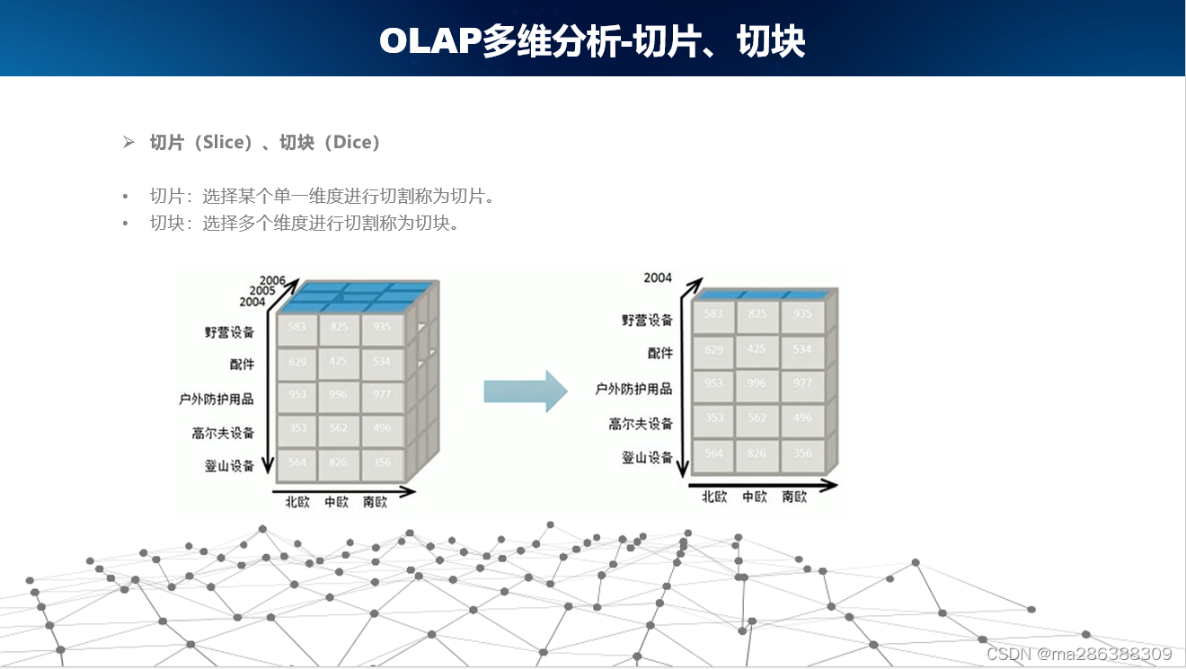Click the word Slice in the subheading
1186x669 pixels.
coord(225,142)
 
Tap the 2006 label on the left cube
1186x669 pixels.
coord(272,280)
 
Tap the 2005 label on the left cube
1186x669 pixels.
coord(262,291)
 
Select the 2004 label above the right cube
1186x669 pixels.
coord(658,277)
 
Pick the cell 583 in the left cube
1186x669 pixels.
coord(296,328)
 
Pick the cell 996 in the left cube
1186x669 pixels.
coord(339,395)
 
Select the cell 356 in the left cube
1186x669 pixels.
coord(382,463)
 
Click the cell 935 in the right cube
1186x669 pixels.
coord(802,314)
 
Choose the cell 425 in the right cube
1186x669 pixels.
coord(757,348)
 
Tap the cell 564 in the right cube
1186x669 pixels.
coord(713,453)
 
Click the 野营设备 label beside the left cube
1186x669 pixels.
coord(229,332)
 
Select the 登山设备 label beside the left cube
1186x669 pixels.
coord(229,465)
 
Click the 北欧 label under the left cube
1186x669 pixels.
coord(297,502)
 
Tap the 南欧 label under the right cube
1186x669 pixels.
coord(794,497)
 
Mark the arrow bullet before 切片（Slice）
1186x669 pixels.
coord(128,142)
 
